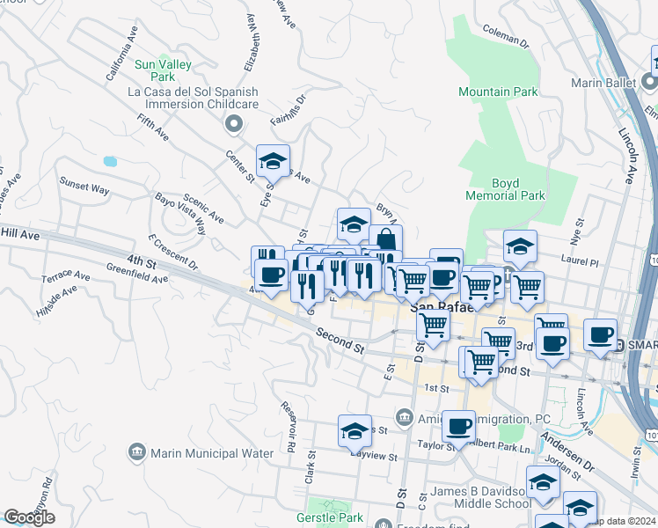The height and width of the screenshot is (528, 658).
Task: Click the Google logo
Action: pos(29,517)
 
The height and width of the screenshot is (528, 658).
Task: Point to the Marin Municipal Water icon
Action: pos(136,453)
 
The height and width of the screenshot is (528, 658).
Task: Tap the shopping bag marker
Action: pos(384,240)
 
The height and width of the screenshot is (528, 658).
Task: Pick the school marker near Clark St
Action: pos(355,430)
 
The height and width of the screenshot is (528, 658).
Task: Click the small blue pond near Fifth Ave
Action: pos(110,162)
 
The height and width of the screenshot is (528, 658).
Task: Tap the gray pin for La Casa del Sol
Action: pos(233,125)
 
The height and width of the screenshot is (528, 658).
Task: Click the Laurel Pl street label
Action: pos(581,262)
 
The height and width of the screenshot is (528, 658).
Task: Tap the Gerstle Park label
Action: pos(330,517)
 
